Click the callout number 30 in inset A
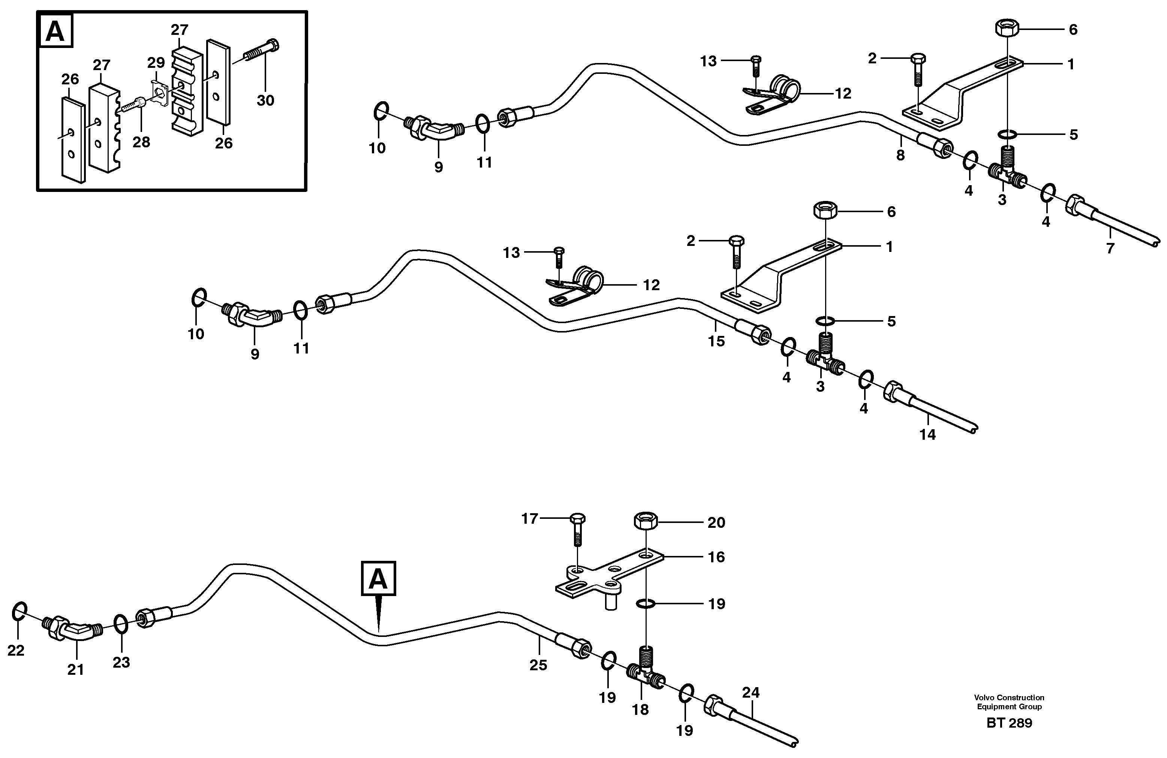pos(265,100)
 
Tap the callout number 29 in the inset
pos(156,63)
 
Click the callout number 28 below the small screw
pos(141,142)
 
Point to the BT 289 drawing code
pos(1009,723)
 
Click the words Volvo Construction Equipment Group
pos(1009,702)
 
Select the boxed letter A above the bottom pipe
pos(378,578)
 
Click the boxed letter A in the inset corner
pos(55,31)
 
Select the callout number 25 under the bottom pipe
pos(538,665)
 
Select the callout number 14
pos(927,434)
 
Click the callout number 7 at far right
pos(1110,248)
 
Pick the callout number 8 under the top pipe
pos(900,156)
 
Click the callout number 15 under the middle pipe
pos(716,341)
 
